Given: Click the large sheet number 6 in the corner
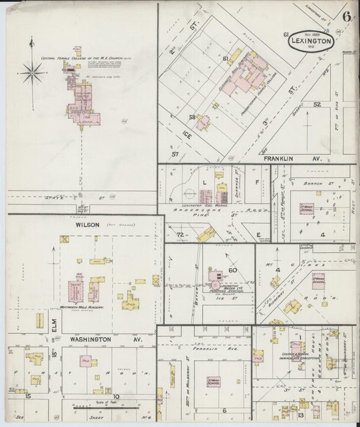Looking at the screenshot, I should click(346, 16).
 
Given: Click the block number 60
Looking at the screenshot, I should click(234, 270).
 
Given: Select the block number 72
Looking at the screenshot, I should click(180, 234).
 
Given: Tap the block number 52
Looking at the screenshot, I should click(316, 105).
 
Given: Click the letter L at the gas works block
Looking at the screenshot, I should click(204, 182).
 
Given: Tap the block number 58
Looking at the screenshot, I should click(192, 117).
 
